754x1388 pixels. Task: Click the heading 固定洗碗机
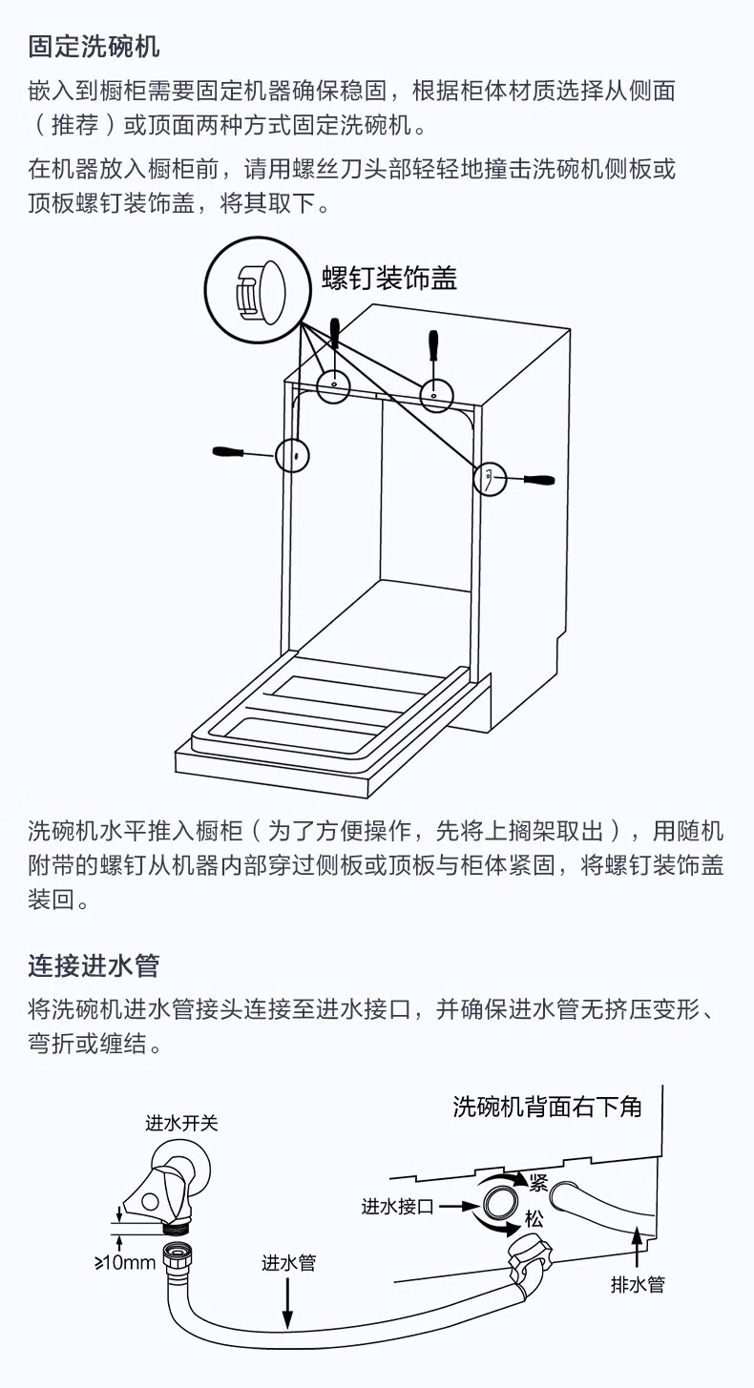[x=94, y=46]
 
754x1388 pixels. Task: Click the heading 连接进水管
[x=94, y=965]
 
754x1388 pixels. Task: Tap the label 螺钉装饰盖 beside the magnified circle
[x=389, y=278]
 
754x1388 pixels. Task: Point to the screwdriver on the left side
[x=241, y=451]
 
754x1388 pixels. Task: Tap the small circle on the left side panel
[x=293, y=456]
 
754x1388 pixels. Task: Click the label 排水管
[x=638, y=1284]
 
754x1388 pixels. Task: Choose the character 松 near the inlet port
[x=534, y=1219]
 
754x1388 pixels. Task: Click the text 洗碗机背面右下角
[x=547, y=1107]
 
